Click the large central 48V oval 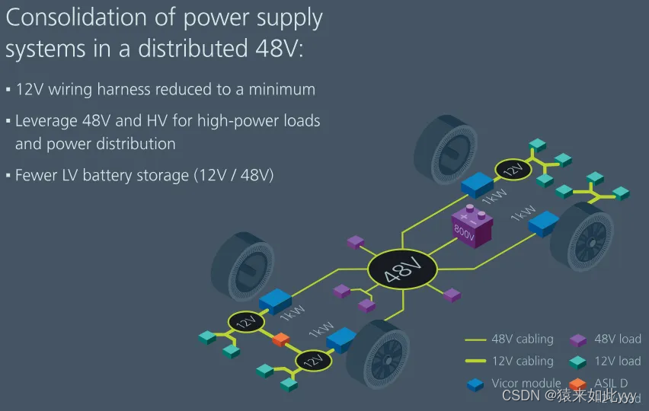[x=402, y=269]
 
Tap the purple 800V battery [x=472, y=226]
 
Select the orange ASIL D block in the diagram [x=281, y=339]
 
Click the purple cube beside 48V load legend [x=580, y=340]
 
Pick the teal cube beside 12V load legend [x=580, y=362]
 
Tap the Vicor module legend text [x=526, y=383]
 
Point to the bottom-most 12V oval [x=313, y=361]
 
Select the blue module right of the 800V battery [x=544, y=222]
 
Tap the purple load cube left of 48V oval [x=356, y=242]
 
